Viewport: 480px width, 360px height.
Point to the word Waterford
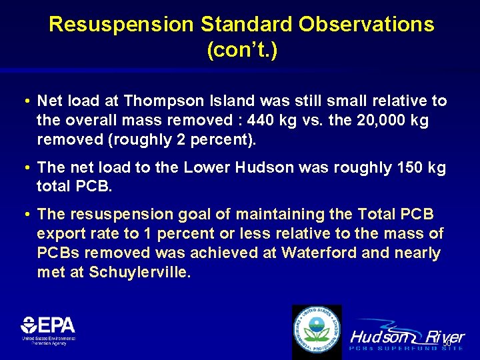[x=317, y=253]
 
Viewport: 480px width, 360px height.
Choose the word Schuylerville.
[x=140, y=273]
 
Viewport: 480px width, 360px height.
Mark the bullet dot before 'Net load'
[x=25, y=101]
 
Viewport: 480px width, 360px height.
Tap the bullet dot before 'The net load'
[x=25, y=167]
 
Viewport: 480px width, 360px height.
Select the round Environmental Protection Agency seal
[x=317, y=331]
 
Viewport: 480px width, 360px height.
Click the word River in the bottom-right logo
[x=445, y=337]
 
